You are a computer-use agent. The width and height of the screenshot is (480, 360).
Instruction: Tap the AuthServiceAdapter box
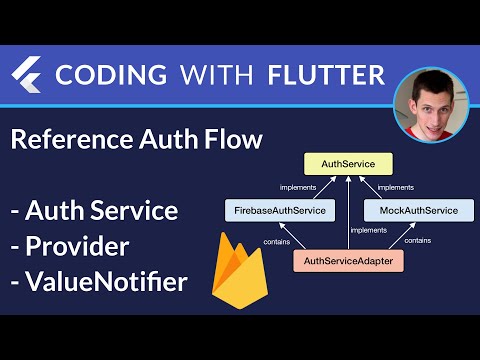point(349,263)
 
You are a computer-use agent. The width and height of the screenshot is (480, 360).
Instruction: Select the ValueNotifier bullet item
point(98,283)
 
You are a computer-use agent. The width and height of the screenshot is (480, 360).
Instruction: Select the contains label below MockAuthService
point(418,240)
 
